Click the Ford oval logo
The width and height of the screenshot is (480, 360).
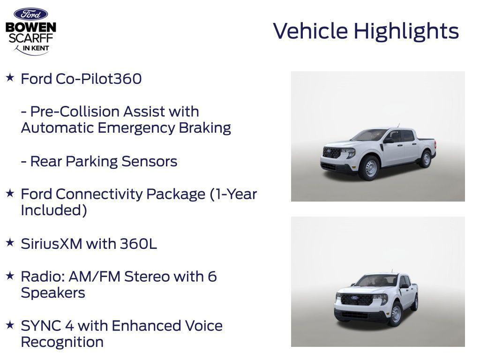(x=30, y=14)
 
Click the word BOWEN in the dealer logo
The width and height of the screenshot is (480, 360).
(x=31, y=28)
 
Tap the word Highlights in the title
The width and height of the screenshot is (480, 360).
(x=406, y=31)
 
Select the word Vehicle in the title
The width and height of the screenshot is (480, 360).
(x=310, y=31)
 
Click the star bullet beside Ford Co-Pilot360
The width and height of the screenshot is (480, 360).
(x=10, y=77)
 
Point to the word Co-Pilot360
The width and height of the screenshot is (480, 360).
(x=98, y=79)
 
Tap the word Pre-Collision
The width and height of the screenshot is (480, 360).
(x=75, y=112)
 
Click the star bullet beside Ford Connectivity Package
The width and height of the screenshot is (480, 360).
(x=10, y=193)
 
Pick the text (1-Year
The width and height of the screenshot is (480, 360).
(x=233, y=194)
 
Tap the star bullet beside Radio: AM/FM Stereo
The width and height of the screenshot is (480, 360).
(x=10, y=275)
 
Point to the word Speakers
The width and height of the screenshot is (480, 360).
(x=53, y=293)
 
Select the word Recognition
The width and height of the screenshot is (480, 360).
(x=62, y=342)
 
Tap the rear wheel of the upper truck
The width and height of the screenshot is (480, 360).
(x=426, y=158)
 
